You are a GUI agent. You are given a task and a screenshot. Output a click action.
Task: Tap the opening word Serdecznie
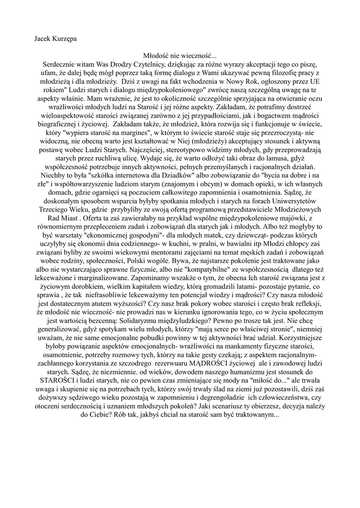click(60, 65)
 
